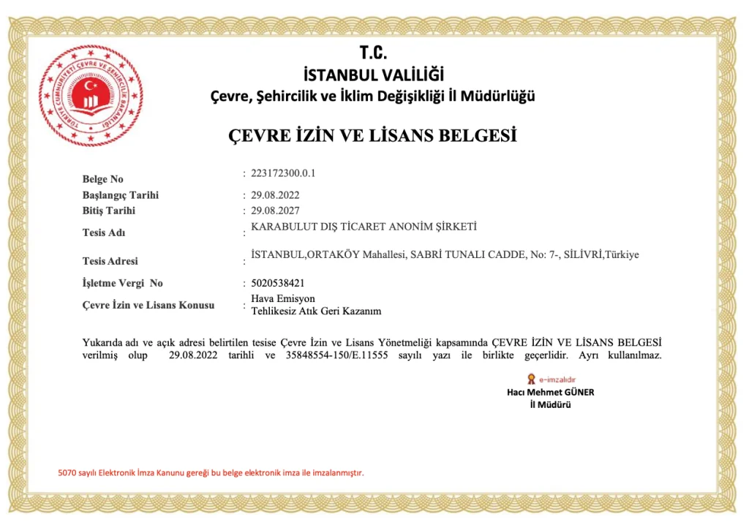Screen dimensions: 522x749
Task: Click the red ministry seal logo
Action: [x=91, y=96]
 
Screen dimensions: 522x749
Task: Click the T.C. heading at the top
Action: [x=373, y=53]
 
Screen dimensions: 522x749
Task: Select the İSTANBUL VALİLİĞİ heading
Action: [x=373, y=75]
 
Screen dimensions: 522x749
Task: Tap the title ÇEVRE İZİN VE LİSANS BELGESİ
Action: [x=373, y=135]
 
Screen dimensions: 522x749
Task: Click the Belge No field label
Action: [x=103, y=179]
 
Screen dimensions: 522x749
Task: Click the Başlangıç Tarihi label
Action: [x=121, y=195]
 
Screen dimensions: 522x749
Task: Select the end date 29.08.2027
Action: [x=275, y=211]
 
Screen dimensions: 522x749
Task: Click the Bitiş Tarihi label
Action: [x=109, y=211]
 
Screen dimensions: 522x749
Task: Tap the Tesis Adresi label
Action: [x=110, y=261]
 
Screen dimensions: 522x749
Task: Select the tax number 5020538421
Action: [x=278, y=282]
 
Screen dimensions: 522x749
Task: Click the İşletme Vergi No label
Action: [x=123, y=283]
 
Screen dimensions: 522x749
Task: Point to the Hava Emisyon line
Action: [x=283, y=299]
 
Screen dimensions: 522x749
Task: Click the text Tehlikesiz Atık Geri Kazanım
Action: [x=316, y=311]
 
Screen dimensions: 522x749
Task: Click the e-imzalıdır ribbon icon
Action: [x=531, y=379]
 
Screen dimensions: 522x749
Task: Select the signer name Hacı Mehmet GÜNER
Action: [x=550, y=392]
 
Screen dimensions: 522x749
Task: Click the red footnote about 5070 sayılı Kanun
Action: [x=211, y=472]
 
